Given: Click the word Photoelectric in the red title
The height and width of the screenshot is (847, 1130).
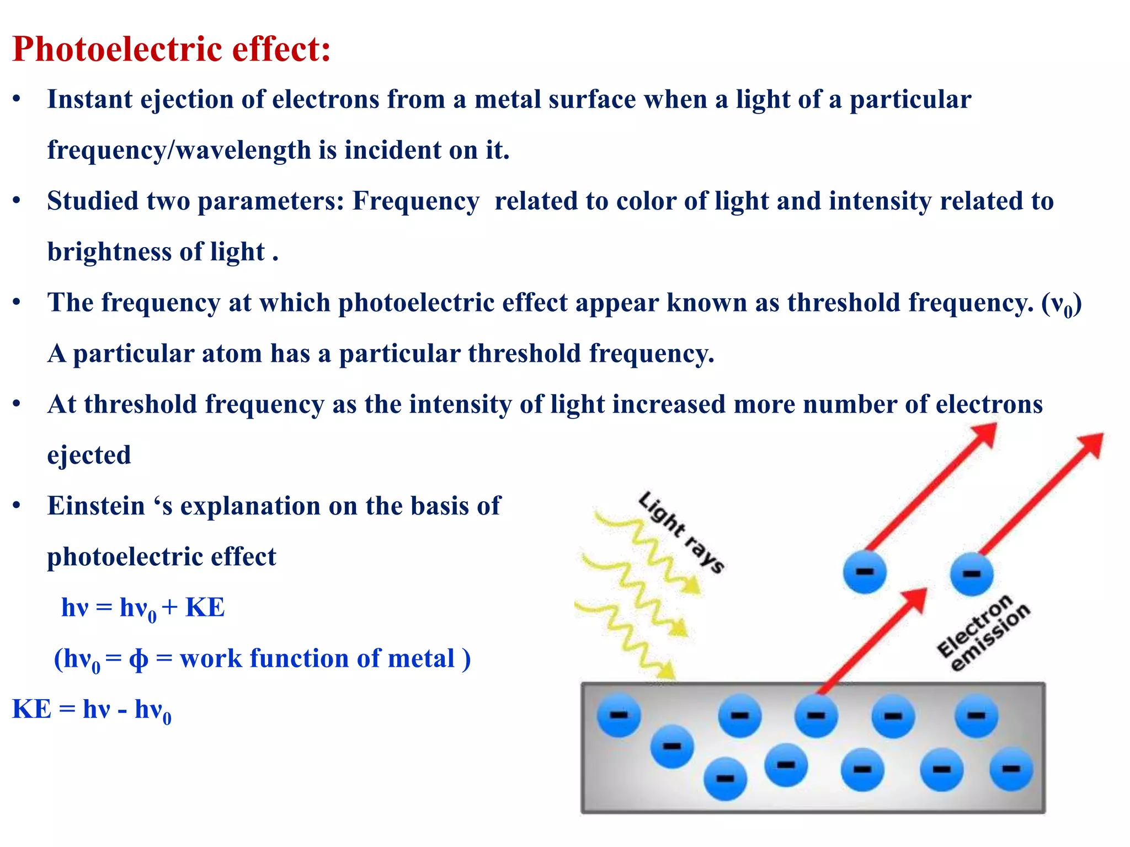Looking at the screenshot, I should [117, 50].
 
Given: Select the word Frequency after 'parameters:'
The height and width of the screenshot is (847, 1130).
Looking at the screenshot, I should [415, 201].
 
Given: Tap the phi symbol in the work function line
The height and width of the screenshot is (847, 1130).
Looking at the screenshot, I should [138, 659].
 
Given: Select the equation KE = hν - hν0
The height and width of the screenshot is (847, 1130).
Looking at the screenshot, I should [92, 710].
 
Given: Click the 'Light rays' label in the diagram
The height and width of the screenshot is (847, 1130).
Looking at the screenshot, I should [681, 533].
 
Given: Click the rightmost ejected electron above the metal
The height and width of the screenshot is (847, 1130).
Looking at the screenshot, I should [971, 575].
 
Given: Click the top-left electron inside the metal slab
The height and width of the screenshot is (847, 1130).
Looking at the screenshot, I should [619, 716].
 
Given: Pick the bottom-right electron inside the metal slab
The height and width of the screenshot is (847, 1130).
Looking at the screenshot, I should [1011, 769].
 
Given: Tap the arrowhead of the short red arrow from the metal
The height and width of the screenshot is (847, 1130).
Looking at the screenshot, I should [916, 599].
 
